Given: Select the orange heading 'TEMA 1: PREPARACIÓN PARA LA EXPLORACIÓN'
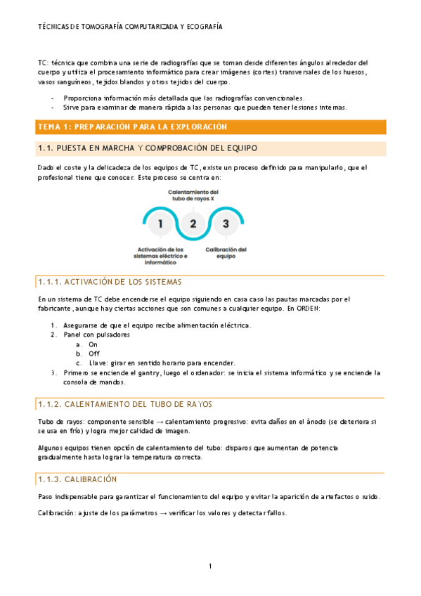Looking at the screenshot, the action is pos(133,127).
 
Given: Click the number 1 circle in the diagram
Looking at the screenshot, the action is pos(161,223).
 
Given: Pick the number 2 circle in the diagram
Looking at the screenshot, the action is pos(193,223).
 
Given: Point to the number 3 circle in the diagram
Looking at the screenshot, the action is pos(226,223).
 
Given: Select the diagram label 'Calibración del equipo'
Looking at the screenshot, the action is pos(226,252).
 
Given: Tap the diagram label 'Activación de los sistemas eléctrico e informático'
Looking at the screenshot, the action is pos(161,255).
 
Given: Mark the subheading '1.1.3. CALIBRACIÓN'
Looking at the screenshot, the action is pos(77,478).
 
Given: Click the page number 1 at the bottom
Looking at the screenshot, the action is pos(210,566).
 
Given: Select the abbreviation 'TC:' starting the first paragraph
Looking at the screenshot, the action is pos(43,63).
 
